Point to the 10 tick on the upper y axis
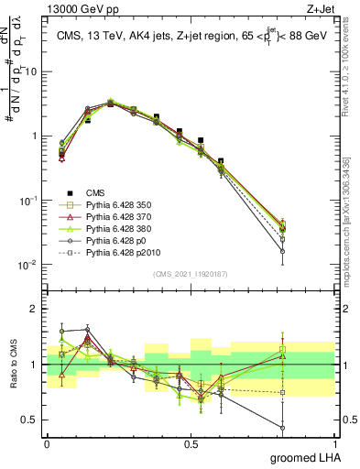(x=31, y=71)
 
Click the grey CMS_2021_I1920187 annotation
(x=191, y=274)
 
